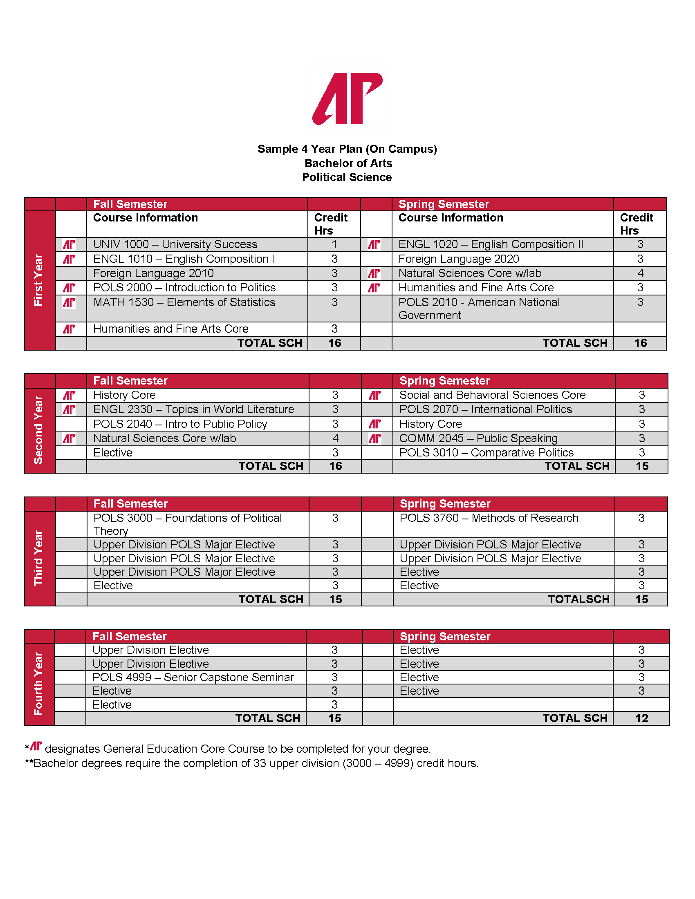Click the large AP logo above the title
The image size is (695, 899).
(x=347, y=99)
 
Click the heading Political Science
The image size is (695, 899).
(x=347, y=177)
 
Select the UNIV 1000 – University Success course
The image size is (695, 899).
(x=175, y=244)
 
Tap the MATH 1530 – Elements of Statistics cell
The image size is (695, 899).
(x=184, y=302)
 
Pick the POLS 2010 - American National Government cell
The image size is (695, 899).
(x=479, y=309)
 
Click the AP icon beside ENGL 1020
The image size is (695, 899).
(x=374, y=245)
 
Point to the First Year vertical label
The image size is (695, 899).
(x=39, y=280)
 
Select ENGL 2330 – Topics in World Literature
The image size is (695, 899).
(x=193, y=409)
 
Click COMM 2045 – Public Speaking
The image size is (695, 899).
(x=478, y=438)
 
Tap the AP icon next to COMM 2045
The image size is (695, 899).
(x=374, y=439)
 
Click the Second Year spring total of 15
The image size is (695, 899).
(x=642, y=466)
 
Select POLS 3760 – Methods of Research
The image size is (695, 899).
(x=489, y=518)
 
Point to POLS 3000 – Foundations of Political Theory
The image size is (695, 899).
(x=187, y=524)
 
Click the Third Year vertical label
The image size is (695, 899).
(x=39, y=558)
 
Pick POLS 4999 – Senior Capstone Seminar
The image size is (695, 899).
(x=193, y=678)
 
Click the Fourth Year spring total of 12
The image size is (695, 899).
(x=641, y=718)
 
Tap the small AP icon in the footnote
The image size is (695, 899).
(x=36, y=746)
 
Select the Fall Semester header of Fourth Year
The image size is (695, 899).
(x=129, y=636)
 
